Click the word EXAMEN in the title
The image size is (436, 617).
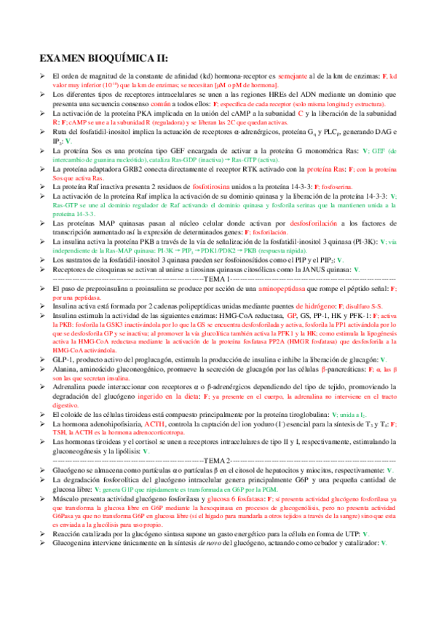[66, 58]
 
